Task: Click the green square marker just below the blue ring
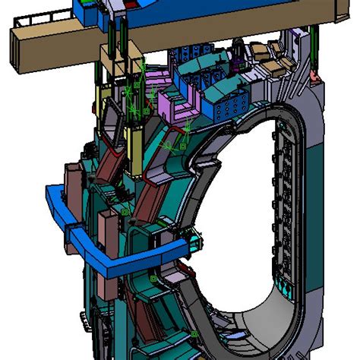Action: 153,279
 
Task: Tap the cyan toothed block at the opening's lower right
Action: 286,289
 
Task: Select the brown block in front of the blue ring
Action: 106,228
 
